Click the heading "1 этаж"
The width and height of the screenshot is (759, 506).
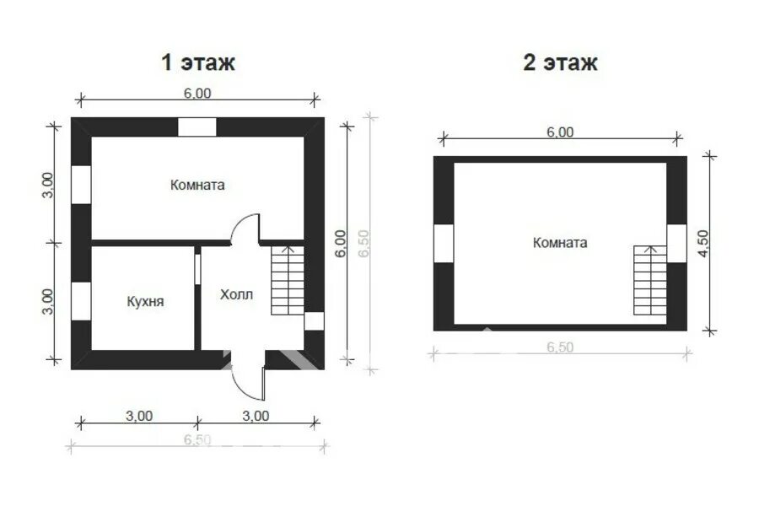(198, 62)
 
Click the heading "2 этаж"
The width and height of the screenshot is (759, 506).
(560, 62)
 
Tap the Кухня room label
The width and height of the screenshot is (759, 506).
(145, 301)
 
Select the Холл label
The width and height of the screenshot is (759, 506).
(236, 294)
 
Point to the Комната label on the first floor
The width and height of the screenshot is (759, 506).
(197, 185)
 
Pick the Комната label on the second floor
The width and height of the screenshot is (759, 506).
(560, 243)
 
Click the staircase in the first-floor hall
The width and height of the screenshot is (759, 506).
(288, 280)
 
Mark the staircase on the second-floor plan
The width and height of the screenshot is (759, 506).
(650, 280)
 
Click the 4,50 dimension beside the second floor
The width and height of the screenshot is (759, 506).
(702, 244)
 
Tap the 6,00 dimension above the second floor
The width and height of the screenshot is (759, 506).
(560, 132)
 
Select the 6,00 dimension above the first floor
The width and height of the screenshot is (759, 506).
(197, 93)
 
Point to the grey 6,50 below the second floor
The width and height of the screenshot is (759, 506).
(560, 347)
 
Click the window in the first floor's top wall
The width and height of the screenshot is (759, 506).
(197, 127)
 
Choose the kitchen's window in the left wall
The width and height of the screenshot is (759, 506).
(81, 301)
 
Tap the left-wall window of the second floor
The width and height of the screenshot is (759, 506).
(444, 243)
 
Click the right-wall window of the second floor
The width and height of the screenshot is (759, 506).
(676, 243)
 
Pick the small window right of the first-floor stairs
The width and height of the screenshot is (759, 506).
(314, 321)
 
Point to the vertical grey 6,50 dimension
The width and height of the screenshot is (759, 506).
(364, 244)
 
